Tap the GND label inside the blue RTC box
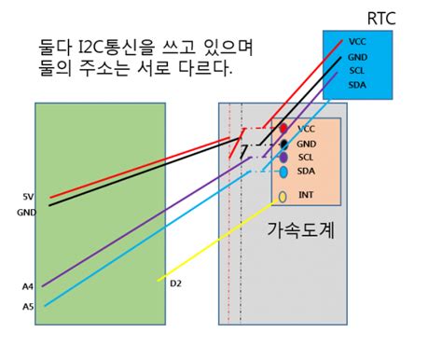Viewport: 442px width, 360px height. pos(358,56)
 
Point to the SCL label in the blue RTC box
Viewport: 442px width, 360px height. pos(357,70)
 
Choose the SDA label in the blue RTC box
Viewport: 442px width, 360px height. pos(357,85)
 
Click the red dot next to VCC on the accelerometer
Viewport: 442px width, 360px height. pos(283,128)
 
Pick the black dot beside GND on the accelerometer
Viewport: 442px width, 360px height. pos(283,144)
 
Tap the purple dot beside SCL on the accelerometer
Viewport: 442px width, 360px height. pos(283,158)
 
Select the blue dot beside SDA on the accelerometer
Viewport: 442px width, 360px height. pos(283,173)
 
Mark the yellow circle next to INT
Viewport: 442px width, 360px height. pos(283,197)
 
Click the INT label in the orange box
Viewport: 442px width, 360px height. pos(306,195)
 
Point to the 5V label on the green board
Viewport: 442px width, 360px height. pos(28,197)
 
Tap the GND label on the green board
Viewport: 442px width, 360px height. pos(26,212)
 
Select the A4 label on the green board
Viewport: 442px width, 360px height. pos(27,286)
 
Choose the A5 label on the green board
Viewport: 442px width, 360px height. pos(27,307)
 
